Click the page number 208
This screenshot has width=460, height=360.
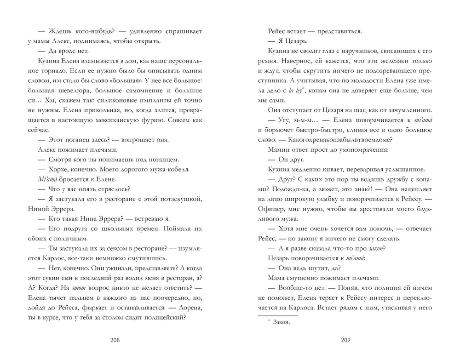click(115, 341)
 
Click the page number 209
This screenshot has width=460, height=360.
click(346, 341)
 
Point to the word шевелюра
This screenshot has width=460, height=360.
click(72, 95)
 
